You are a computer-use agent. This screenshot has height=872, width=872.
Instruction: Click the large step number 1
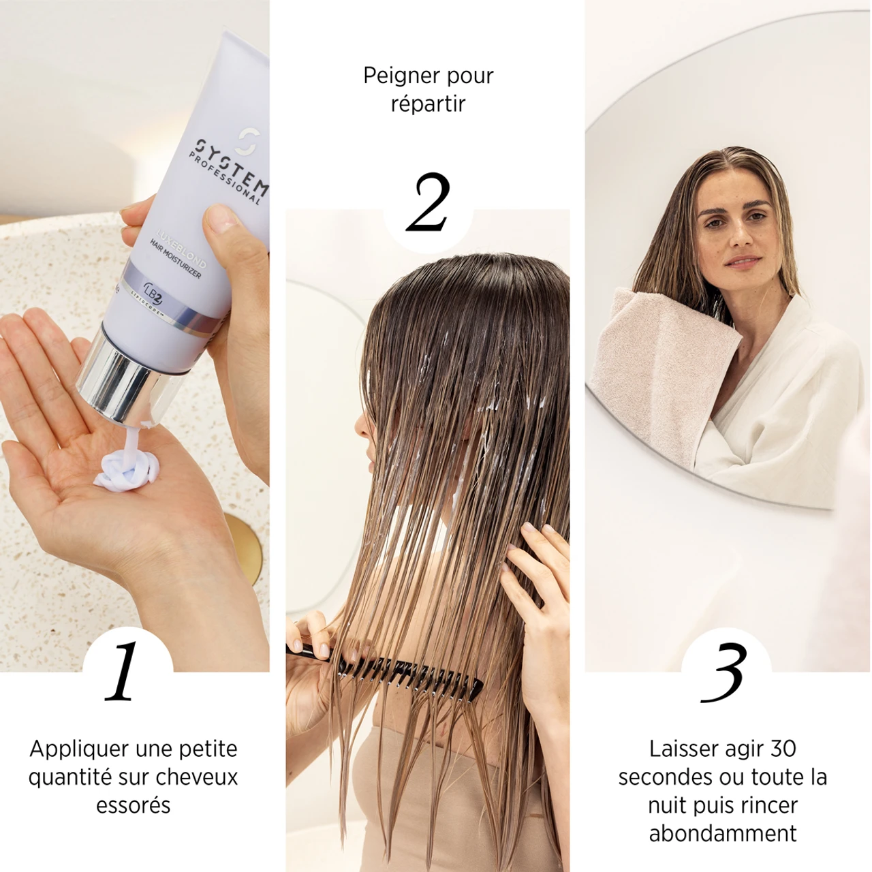(x=123, y=672)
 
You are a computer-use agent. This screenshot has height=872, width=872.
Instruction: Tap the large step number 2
(x=429, y=202)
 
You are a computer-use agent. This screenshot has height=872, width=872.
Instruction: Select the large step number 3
(x=724, y=673)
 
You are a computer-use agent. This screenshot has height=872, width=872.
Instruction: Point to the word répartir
(x=428, y=104)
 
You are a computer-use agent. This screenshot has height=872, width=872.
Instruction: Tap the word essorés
(x=133, y=805)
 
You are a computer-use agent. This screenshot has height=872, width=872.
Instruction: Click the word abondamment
(x=723, y=833)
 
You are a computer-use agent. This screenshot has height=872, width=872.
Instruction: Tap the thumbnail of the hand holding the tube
(x=221, y=220)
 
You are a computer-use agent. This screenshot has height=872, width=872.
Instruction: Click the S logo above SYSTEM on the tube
(x=244, y=142)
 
